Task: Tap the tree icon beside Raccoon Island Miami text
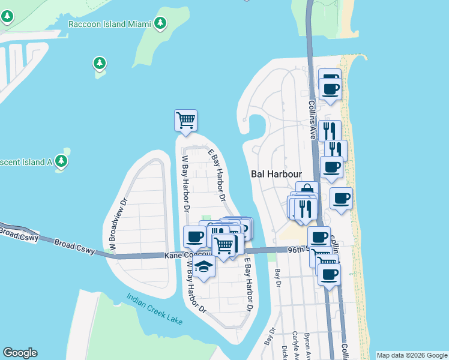(x=160, y=23)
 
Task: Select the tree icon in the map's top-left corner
(x=7, y=16)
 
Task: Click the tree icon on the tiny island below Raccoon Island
(x=100, y=63)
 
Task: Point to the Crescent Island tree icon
(x=61, y=161)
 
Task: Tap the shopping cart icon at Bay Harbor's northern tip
(x=186, y=120)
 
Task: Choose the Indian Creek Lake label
(x=155, y=308)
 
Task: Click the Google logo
(x=20, y=352)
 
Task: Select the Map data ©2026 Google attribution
(x=411, y=355)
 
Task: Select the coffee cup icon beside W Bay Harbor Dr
(x=194, y=237)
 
